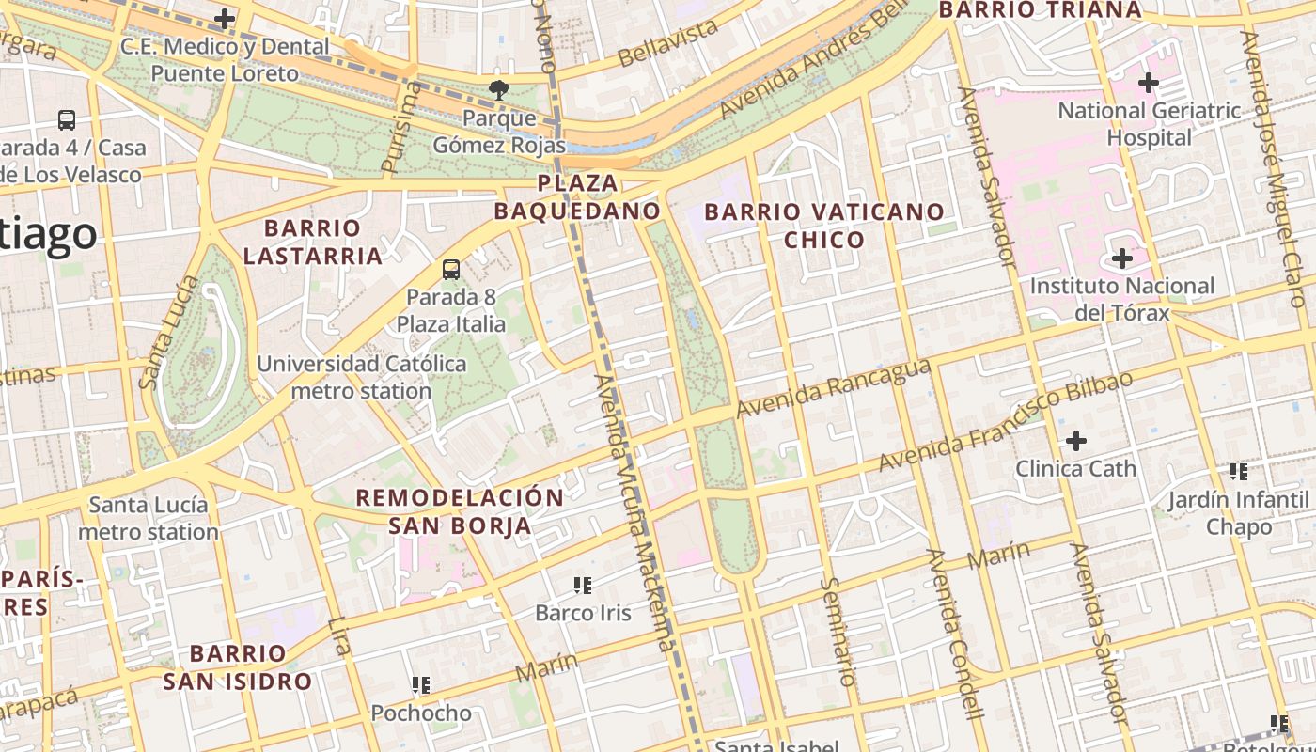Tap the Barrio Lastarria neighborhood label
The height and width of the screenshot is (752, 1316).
(x=312, y=242)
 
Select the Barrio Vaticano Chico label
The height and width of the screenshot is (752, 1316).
(x=823, y=226)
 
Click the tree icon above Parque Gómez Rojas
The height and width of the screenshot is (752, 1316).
(x=498, y=91)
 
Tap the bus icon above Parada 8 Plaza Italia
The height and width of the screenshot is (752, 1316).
(x=451, y=270)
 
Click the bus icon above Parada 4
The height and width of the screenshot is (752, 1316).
(x=67, y=120)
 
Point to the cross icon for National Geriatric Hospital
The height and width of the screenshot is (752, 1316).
(x=1148, y=83)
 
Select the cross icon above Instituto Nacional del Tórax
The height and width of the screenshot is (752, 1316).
(x=1121, y=258)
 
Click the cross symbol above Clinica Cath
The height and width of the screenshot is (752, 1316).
(x=1076, y=440)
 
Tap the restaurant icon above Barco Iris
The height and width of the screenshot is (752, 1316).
(x=583, y=586)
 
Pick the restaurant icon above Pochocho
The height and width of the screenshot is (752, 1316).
(x=421, y=685)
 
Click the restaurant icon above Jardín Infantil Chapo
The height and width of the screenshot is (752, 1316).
(x=1239, y=472)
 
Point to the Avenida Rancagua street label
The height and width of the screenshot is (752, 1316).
(x=833, y=388)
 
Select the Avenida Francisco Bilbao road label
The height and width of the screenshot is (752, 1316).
(x=1005, y=422)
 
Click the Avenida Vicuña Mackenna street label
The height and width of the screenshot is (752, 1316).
(x=634, y=512)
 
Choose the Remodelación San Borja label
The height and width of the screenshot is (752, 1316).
(x=460, y=511)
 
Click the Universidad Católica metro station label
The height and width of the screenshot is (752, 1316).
(x=361, y=377)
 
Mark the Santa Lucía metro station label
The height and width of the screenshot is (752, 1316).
(x=149, y=518)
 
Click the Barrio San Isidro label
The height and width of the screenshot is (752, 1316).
(x=237, y=667)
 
